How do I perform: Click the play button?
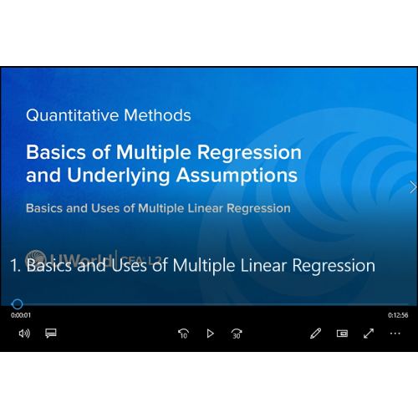[210, 334]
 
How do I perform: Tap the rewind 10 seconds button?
[183, 334]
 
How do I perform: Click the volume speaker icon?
[24, 334]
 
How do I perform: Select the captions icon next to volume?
[50, 334]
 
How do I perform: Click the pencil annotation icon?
[315, 334]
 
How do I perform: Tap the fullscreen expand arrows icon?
[369, 334]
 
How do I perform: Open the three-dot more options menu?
[395, 334]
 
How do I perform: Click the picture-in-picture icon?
[342, 334]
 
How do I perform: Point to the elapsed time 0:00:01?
[21, 315]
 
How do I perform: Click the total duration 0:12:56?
[397, 315]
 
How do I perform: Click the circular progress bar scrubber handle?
[18, 304]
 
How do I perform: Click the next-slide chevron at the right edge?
[412, 187]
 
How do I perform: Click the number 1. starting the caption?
[15, 266]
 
